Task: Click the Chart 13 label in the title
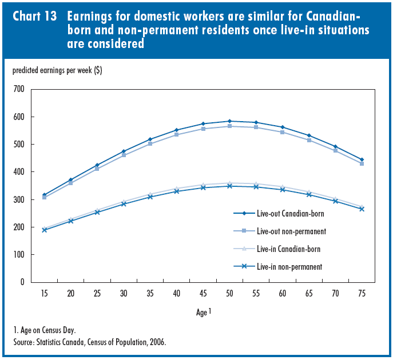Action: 34,17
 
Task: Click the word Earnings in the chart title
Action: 92,17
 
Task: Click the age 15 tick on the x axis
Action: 44,293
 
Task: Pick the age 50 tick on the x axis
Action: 229,293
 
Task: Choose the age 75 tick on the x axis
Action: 362,293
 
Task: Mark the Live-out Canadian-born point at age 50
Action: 229,121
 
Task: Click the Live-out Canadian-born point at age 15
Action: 44,195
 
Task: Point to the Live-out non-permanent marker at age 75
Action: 362,163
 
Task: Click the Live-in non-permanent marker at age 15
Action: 44,230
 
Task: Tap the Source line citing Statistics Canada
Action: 89,342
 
